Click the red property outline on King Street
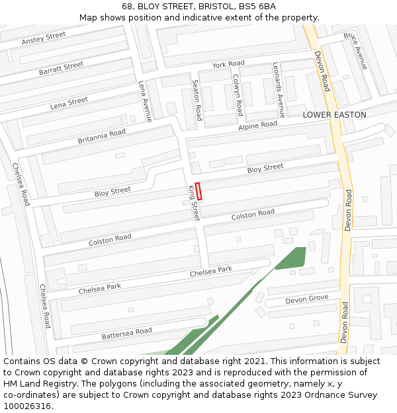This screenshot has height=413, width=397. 198,191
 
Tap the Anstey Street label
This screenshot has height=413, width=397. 44,39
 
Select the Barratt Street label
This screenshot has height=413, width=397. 61,68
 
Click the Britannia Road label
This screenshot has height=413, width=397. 101,136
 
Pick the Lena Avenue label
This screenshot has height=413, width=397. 145,101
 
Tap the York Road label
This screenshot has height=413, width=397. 228,64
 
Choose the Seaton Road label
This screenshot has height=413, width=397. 197,100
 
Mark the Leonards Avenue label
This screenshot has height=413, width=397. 279,90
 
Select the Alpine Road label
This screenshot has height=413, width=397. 258,125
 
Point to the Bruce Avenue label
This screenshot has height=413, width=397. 355,50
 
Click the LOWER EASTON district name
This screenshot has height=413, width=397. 334,115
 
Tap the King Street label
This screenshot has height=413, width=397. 193,202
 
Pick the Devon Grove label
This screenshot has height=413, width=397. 307,299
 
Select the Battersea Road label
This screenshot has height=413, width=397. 127,334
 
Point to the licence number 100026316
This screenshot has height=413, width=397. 28,406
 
